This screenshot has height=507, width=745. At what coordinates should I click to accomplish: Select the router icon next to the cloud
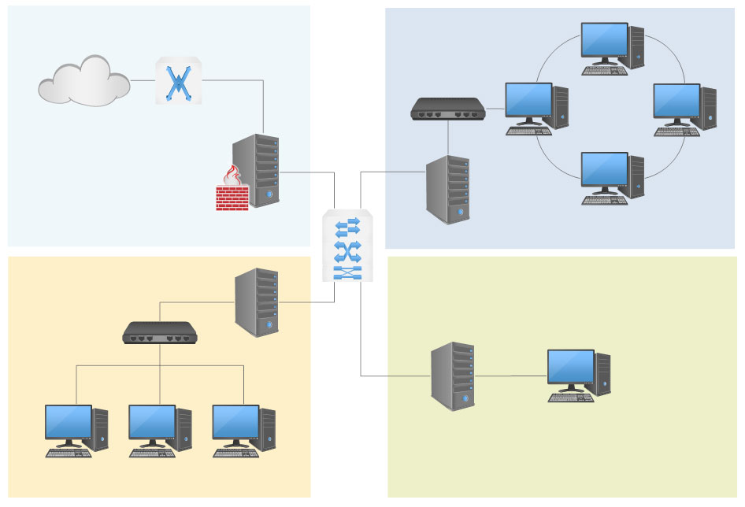pyautogui.click(x=178, y=80)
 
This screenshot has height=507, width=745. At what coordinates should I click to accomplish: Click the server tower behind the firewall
pyautogui.click(x=257, y=169)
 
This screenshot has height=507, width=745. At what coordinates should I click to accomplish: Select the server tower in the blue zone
pyautogui.click(x=448, y=190)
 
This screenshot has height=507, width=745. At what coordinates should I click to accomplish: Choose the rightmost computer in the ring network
pyautogui.click(x=684, y=109)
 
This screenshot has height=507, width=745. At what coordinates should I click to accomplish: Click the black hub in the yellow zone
pyautogui.click(x=160, y=332)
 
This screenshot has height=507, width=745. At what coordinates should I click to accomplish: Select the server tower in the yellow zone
pyautogui.click(x=257, y=302)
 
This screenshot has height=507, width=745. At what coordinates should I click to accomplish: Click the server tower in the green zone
pyautogui.click(x=453, y=376)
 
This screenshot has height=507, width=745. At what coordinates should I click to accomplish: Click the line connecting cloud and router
pyautogui.click(x=143, y=80)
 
